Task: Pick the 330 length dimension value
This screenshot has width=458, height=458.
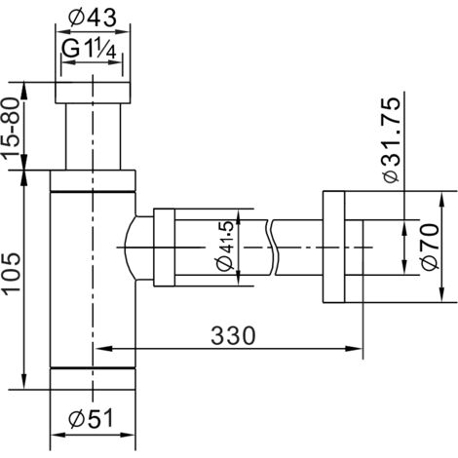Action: (x=231, y=336)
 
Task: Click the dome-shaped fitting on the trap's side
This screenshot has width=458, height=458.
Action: (x=137, y=248)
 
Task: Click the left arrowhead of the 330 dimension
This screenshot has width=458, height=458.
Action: (x=101, y=348)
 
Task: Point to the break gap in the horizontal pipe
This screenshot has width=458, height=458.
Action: (x=268, y=248)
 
